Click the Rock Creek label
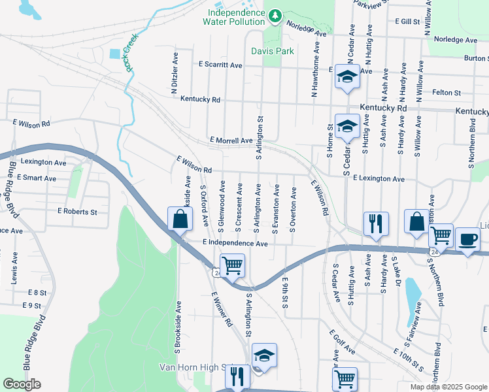click(x=129, y=52)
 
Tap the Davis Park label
click(x=273, y=51)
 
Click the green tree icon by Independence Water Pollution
click(x=276, y=14)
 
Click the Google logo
click(x=22, y=384)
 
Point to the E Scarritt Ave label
click(x=220, y=65)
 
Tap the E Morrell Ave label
click(x=231, y=140)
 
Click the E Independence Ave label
click(x=235, y=243)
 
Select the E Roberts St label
click(x=77, y=212)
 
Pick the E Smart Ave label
click(x=37, y=178)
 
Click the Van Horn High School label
click(x=196, y=368)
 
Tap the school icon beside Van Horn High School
click(x=263, y=355)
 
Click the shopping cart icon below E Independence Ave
click(x=232, y=265)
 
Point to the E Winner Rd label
click(x=222, y=308)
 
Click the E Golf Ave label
click(x=341, y=342)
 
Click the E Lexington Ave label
click(x=379, y=178)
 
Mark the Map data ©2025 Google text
click(x=447, y=387)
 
